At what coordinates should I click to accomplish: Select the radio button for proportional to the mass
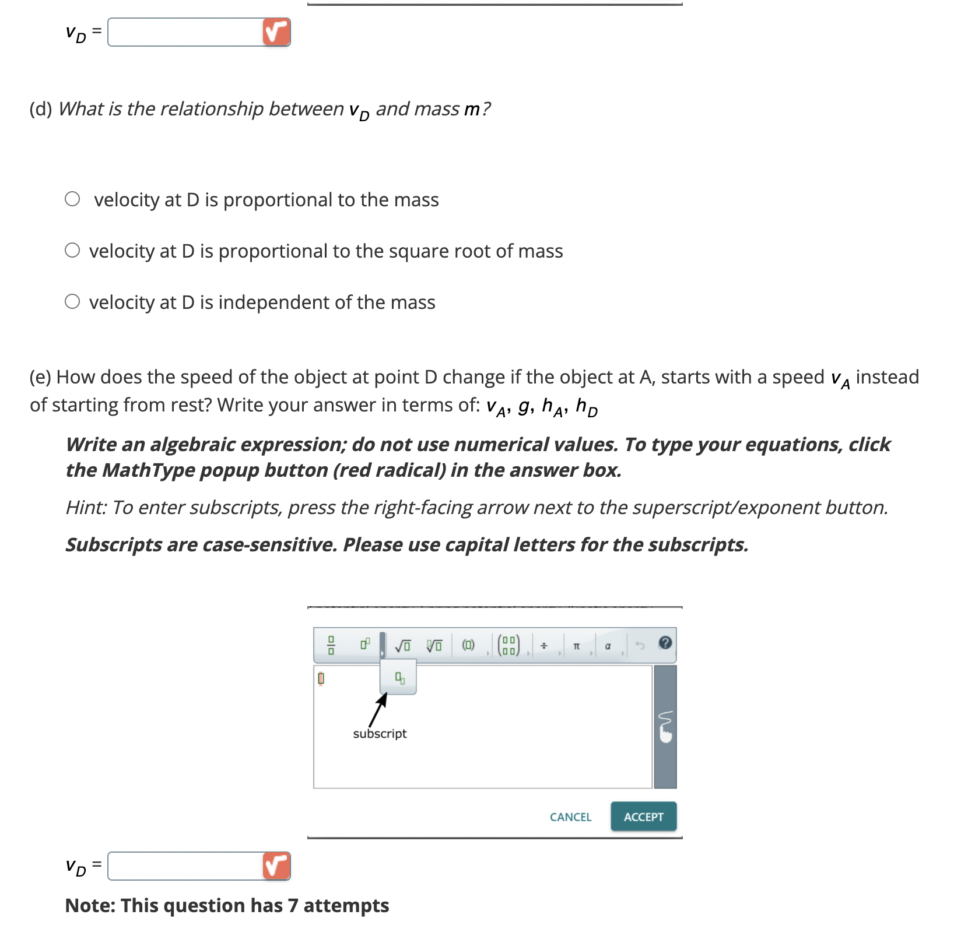click(x=72, y=199)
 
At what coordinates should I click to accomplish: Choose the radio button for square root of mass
click(x=72, y=251)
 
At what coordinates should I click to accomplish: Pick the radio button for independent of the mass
click(x=72, y=302)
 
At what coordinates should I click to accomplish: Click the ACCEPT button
click(x=643, y=817)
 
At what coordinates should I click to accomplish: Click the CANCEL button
click(x=570, y=817)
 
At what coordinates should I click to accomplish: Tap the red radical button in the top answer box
click(x=276, y=32)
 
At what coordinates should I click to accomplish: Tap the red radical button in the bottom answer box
click(x=276, y=866)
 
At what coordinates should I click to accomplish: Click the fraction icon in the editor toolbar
click(x=331, y=645)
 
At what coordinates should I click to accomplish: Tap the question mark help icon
click(x=665, y=643)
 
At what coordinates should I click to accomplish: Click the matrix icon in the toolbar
click(x=508, y=645)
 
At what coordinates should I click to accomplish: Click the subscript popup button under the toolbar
click(x=399, y=678)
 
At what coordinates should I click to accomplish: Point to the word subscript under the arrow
click(x=380, y=734)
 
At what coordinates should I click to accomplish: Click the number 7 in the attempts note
click(x=293, y=906)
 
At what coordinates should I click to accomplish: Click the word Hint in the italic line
click(x=86, y=508)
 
